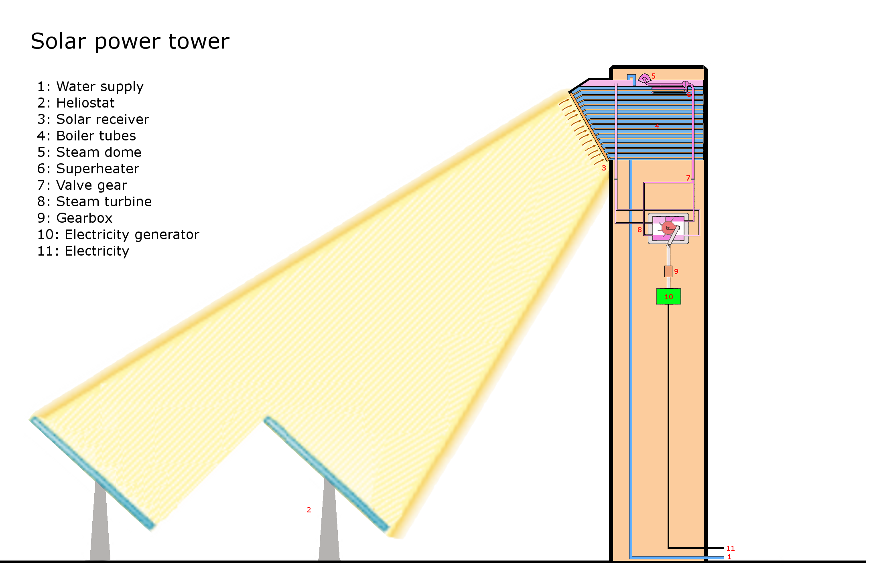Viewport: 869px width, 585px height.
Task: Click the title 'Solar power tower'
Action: point(130,41)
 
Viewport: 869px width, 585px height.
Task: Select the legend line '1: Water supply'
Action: point(90,87)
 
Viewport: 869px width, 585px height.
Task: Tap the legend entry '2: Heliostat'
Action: point(76,103)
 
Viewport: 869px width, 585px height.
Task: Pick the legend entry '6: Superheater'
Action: point(88,169)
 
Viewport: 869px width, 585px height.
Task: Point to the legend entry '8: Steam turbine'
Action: point(94,202)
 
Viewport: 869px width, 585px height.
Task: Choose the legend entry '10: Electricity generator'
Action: point(118,235)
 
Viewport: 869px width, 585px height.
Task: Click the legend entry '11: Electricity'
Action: point(83,251)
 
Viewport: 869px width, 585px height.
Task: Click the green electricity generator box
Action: point(668,297)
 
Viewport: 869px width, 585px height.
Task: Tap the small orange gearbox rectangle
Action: point(668,271)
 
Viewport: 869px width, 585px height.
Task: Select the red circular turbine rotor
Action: point(668,228)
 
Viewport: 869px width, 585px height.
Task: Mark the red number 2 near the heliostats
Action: point(309,510)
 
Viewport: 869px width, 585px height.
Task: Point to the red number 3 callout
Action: point(604,168)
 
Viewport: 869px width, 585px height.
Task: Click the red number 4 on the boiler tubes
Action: point(657,126)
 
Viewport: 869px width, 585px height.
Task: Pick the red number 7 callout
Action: point(688,178)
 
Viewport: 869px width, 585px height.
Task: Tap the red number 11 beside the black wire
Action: point(730,548)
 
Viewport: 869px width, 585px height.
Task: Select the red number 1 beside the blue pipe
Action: point(729,557)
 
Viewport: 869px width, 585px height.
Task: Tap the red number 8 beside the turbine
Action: point(640,230)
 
